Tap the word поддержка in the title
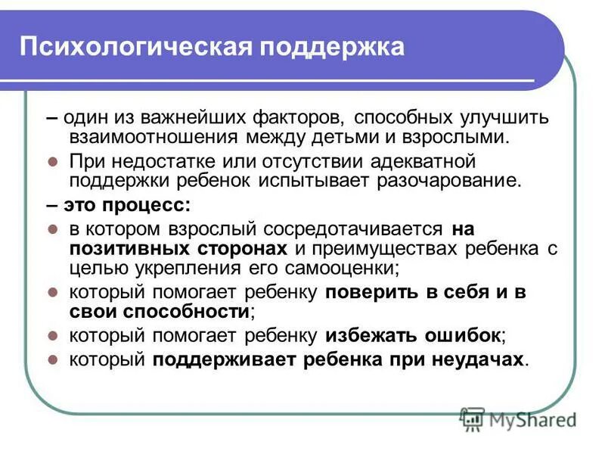(332, 47)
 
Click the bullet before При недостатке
(52, 162)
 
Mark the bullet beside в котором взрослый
(52, 229)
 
